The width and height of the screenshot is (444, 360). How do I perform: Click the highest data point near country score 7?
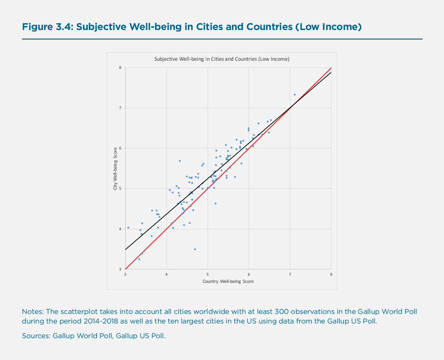pyautogui.click(x=294, y=95)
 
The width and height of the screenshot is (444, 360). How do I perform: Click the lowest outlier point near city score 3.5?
pyautogui.click(x=195, y=249)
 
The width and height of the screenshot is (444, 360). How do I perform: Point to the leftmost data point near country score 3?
pyautogui.click(x=128, y=228)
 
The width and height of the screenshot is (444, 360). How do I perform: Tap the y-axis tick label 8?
pyautogui.click(x=120, y=68)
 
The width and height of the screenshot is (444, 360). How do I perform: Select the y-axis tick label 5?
pyautogui.click(x=120, y=188)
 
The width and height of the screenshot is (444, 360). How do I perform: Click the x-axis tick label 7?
pyautogui.click(x=290, y=274)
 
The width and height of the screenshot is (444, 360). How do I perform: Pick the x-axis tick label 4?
pyautogui.click(x=166, y=274)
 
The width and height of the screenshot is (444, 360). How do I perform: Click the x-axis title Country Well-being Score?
pyautogui.click(x=228, y=282)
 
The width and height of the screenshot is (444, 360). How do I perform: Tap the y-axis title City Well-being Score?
pyautogui.click(x=115, y=168)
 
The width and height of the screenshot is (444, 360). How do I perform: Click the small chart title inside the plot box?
pyautogui.click(x=222, y=59)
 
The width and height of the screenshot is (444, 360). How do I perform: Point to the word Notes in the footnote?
pyautogui.click(x=32, y=312)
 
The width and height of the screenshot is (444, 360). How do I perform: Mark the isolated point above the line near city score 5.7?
pyautogui.click(x=180, y=161)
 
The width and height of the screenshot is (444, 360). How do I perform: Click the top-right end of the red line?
pyautogui.click(x=331, y=68)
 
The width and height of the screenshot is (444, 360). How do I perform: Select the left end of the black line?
pyautogui.click(x=126, y=249)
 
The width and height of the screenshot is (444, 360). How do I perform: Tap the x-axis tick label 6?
pyautogui.click(x=249, y=274)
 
